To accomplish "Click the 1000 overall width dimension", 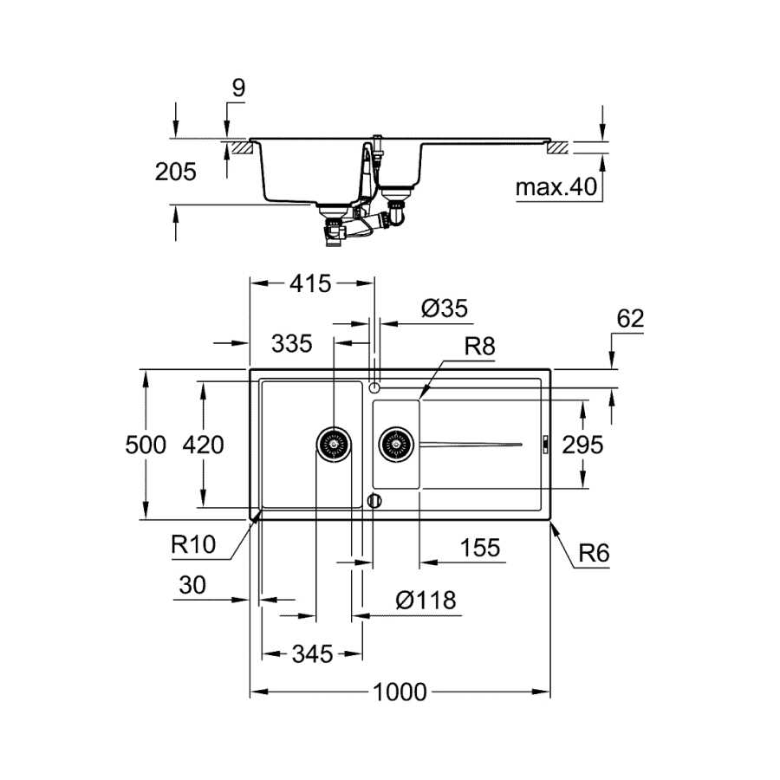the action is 400,692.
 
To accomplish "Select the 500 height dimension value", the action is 146,445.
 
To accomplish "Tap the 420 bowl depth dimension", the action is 203,445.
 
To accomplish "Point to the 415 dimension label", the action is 310,283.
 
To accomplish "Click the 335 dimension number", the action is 291,343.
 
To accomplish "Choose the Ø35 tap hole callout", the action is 445,309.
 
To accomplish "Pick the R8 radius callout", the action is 479,346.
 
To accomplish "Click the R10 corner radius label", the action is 193,544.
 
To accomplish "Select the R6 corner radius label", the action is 594,553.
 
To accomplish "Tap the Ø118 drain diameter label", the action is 426,600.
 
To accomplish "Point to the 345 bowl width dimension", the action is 312,653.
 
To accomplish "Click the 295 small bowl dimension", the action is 582,445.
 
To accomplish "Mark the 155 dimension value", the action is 480,548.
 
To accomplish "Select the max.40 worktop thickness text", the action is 556,187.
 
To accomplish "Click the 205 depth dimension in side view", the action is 176,172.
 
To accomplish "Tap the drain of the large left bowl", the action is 334,444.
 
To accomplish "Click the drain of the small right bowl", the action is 396,444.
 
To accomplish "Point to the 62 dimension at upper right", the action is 630,318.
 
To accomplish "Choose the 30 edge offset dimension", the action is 192,585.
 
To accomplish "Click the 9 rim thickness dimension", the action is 239,88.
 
